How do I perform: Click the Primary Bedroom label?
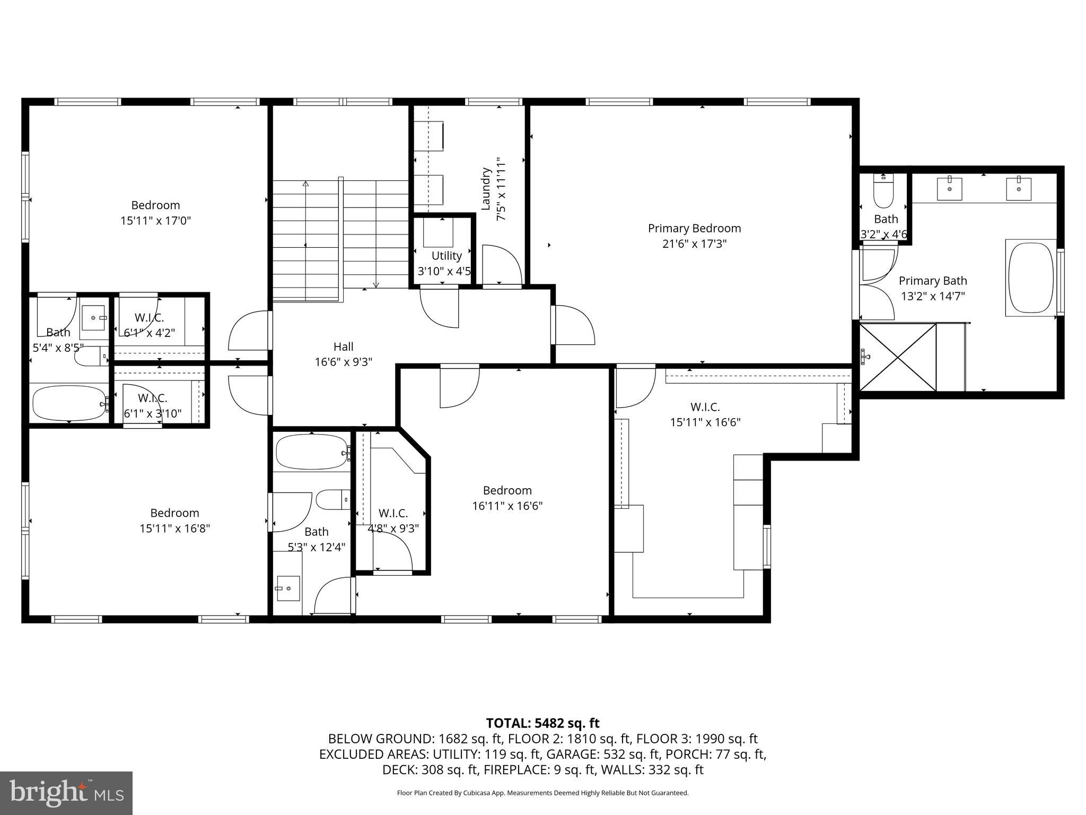pos(694,229)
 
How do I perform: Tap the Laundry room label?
pos(486,189)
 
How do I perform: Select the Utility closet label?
pos(446,256)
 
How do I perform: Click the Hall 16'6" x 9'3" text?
pos(343,354)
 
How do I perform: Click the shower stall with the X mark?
pos(897,357)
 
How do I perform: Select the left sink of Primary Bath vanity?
pos(949,189)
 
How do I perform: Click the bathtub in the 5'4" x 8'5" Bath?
pos(69,403)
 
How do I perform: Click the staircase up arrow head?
pos(305,184)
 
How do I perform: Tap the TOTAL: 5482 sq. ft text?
pos(542,723)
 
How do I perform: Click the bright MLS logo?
pos(66,793)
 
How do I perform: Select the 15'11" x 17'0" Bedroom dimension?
pos(155,221)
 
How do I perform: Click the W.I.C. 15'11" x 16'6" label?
pos(705,414)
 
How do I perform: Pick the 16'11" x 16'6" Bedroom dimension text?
pos(507,506)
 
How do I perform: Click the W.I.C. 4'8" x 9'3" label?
pos(393,521)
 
